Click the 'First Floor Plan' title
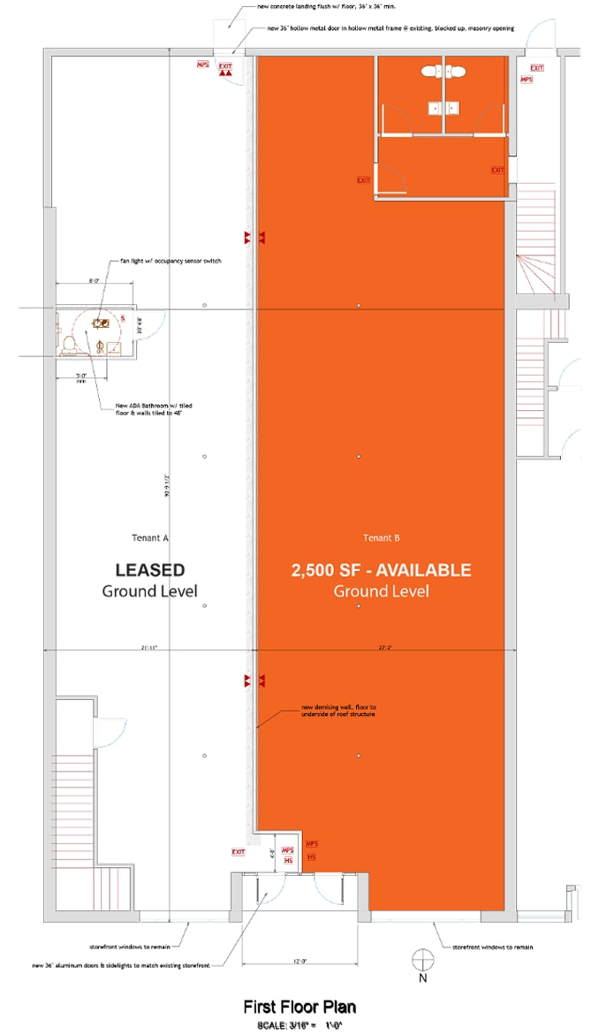pyautogui.click(x=299, y=1007)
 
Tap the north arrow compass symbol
pyautogui.click(x=423, y=961)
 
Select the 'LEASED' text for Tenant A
pyautogui.click(x=150, y=570)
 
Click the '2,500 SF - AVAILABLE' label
pyautogui.click(x=381, y=570)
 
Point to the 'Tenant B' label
pyautogui.click(x=382, y=537)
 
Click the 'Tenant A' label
pyautogui.click(x=149, y=537)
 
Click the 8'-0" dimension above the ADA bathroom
pyautogui.click(x=95, y=281)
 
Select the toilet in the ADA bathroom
pyautogui.click(x=69, y=342)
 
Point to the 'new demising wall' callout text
pyautogui.click(x=339, y=711)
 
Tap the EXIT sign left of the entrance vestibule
pyautogui.click(x=239, y=852)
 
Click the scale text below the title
pyautogui.click(x=299, y=1024)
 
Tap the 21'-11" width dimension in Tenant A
pyautogui.click(x=148, y=648)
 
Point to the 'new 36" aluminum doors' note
pyautogui.click(x=123, y=964)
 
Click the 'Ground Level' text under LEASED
pyautogui.click(x=149, y=591)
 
